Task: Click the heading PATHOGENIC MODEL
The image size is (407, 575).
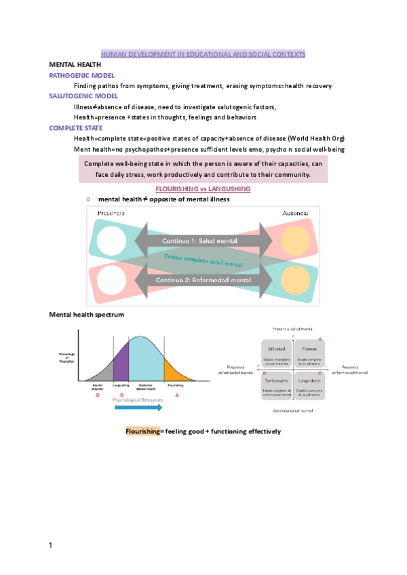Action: tap(81, 75)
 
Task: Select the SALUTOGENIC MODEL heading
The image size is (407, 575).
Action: tap(83, 96)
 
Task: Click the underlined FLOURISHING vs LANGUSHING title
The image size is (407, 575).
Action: tap(203, 188)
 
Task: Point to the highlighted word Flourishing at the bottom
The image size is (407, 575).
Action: tap(141, 431)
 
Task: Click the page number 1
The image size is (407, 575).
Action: tap(51, 544)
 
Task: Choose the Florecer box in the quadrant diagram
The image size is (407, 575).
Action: tap(310, 353)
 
